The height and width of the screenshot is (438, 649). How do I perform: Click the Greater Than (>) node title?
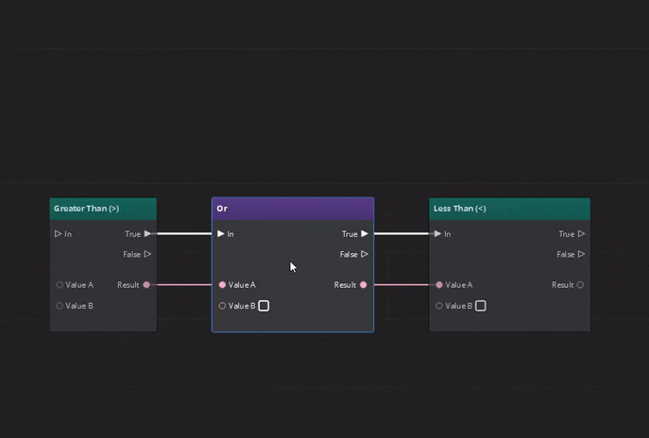[86, 209]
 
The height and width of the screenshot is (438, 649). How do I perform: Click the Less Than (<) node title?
[459, 209]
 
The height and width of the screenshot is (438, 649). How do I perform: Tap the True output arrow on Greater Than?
[147, 234]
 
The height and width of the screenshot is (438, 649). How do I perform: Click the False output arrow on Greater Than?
[147, 254]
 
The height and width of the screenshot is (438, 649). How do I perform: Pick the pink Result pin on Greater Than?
[146, 285]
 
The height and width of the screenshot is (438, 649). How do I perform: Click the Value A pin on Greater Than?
[60, 285]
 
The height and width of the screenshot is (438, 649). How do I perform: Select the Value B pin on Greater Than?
[60, 306]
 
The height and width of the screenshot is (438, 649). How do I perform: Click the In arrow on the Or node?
[221, 234]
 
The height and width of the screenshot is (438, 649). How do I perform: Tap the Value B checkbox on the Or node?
[264, 306]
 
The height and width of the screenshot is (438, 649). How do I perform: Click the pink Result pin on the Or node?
[364, 285]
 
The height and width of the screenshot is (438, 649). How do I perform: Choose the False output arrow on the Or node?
[365, 254]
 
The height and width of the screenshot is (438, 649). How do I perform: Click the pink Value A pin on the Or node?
[223, 285]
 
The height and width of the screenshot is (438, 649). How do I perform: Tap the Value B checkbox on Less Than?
[481, 306]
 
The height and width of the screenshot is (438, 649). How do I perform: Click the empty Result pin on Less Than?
[580, 285]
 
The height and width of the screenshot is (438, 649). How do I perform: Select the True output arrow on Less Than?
[581, 234]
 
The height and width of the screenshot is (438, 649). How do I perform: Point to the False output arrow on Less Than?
[581, 254]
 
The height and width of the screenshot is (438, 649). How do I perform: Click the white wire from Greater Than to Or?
[184, 233]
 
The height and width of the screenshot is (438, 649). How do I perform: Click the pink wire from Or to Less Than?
[401, 284]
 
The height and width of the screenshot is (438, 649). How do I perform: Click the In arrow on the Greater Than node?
[59, 234]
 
